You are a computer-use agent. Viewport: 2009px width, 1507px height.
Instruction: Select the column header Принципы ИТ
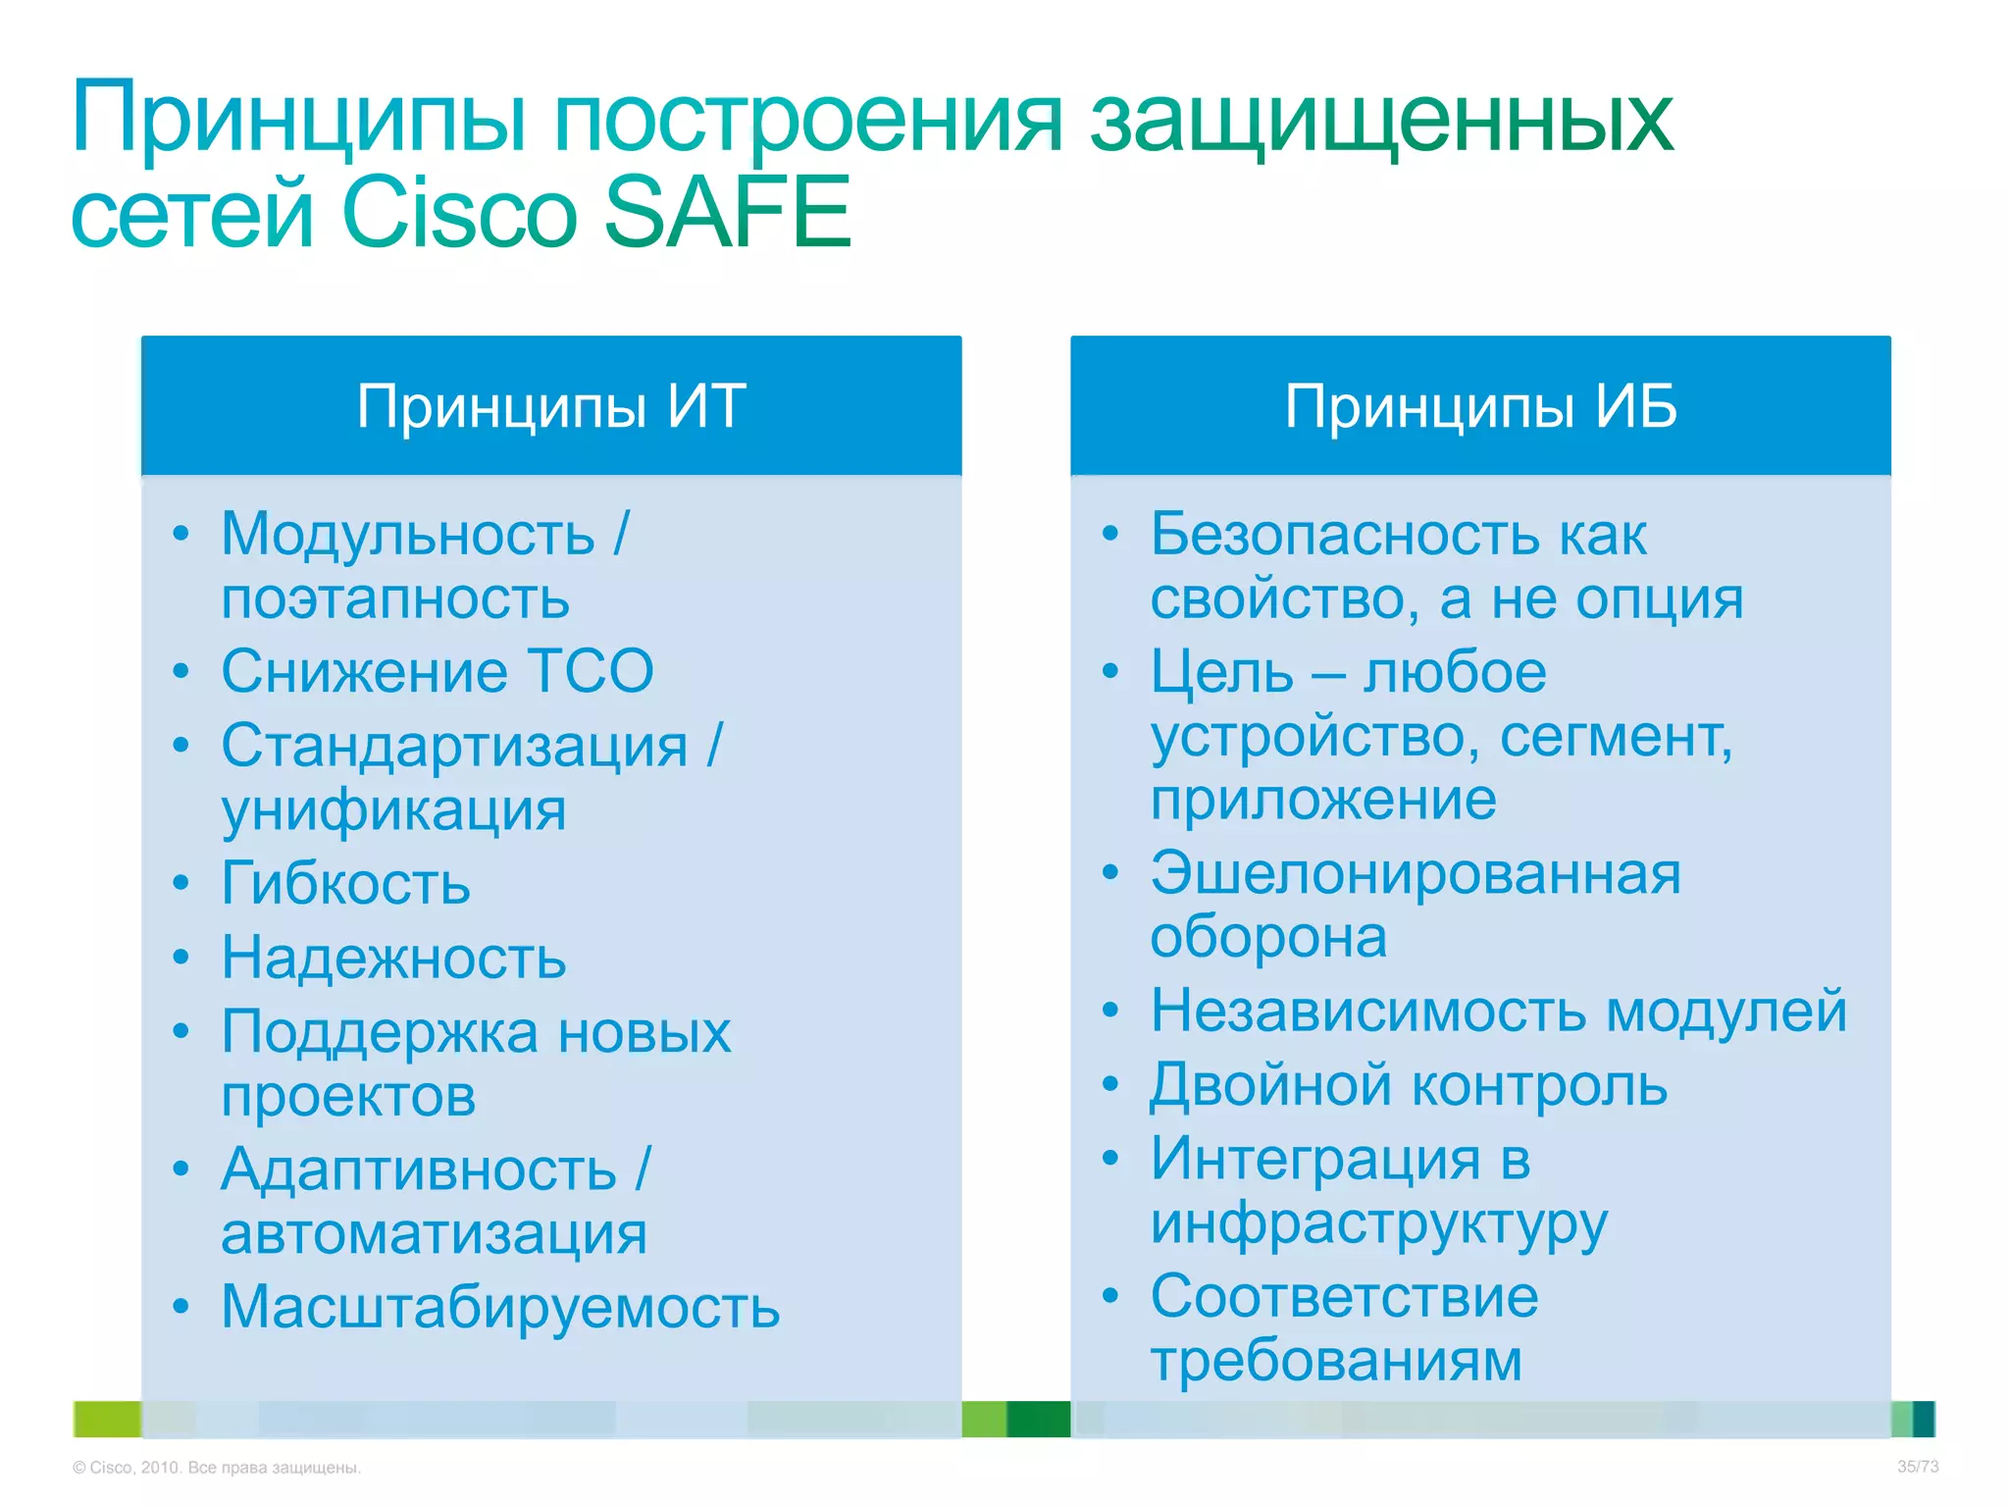pyautogui.click(x=551, y=406)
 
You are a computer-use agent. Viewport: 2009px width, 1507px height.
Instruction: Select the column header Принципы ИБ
pyautogui.click(x=1480, y=406)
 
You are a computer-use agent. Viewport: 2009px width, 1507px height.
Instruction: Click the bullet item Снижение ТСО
pyautogui.click(x=437, y=672)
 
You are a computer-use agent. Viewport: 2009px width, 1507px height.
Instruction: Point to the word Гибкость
pyautogui.click(x=345, y=884)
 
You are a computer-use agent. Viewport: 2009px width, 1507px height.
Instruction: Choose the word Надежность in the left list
pyautogui.click(x=393, y=958)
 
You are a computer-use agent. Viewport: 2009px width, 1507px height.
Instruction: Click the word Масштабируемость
pyautogui.click(x=500, y=1308)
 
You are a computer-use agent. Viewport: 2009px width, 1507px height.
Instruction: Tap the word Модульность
pyautogui.click(x=408, y=536)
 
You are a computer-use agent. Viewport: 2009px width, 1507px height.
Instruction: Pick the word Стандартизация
pyautogui.click(x=454, y=747)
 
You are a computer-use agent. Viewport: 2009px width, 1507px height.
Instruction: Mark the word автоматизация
pyautogui.click(x=434, y=1234)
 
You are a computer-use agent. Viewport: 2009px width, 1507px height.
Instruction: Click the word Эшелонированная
pyautogui.click(x=1416, y=874)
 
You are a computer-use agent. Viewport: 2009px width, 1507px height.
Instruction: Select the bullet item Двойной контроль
pyautogui.click(x=1409, y=1086)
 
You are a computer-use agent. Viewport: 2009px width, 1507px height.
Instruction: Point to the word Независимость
pyautogui.click(x=1367, y=1012)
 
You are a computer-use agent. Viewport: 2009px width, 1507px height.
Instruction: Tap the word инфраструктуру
pyautogui.click(x=1379, y=1224)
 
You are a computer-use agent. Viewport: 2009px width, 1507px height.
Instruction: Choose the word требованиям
pyautogui.click(x=1336, y=1361)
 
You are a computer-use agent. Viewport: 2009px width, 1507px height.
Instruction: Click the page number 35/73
pyautogui.click(x=1917, y=1467)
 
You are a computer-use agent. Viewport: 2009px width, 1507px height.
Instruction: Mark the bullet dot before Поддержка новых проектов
pyautogui.click(x=180, y=1031)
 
